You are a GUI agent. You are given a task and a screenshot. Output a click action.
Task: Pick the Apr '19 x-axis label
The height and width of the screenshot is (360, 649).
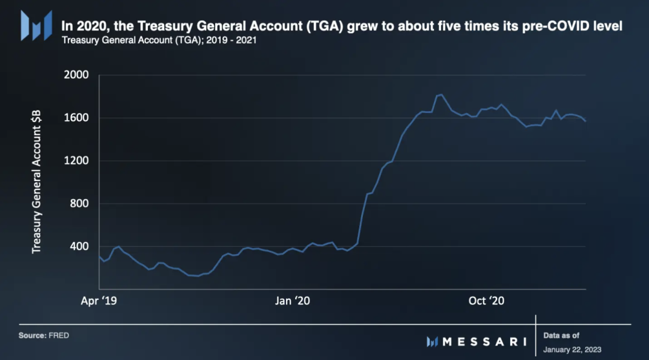click(99, 301)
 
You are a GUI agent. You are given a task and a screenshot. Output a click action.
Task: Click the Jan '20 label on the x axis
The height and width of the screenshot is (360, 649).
click(292, 301)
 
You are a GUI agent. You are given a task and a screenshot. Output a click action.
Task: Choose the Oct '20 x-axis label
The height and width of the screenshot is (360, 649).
click(486, 301)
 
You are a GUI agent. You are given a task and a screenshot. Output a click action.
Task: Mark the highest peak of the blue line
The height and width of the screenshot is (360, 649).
click(441, 94)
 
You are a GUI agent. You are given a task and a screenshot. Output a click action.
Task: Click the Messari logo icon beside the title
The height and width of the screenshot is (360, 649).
click(37, 25)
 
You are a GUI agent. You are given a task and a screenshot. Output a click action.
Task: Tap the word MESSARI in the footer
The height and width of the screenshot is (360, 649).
click(484, 341)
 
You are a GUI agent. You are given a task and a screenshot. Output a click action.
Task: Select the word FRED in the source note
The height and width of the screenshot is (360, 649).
click(59, 335)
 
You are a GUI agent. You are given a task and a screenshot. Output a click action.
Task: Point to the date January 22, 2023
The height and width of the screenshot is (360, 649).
click(572, 349)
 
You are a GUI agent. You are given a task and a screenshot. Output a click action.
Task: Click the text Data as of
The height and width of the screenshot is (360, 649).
click(561, 335)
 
